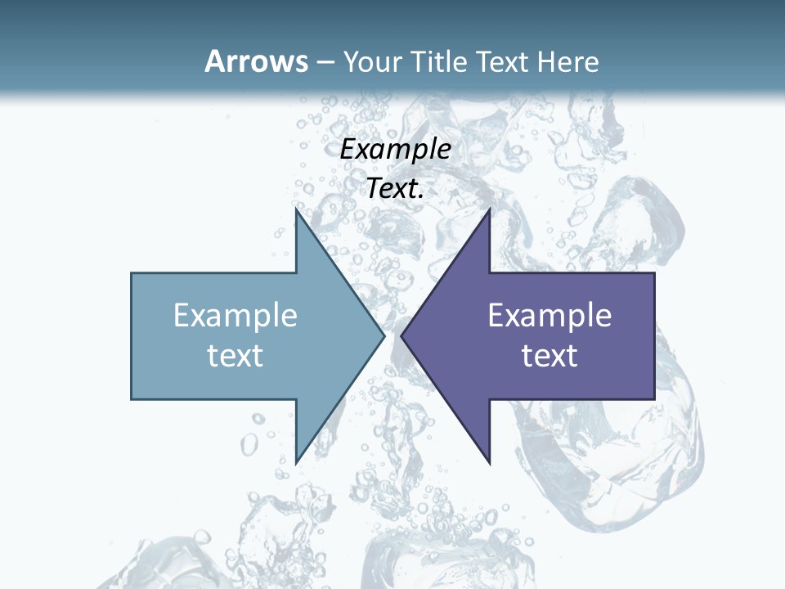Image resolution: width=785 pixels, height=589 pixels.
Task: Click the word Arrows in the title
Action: pos(256,61)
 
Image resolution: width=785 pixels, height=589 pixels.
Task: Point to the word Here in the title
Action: pos(571,61)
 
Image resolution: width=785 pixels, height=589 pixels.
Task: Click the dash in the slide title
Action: pos(325,62)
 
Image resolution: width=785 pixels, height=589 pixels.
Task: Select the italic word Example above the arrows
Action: pos(396,150)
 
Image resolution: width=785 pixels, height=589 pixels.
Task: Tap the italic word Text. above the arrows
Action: pos(396,188)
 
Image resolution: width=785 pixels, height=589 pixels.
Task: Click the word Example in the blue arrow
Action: pos(235,316)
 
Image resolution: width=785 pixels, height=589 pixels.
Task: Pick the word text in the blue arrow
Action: pos(235,356)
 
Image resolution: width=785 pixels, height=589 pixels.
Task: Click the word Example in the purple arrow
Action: pos(549,316)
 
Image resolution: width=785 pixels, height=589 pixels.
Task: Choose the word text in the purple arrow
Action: pos(549,356)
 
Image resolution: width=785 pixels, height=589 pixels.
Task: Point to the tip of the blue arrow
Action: pos(384,335)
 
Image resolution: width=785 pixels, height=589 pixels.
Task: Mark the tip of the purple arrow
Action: pos(401,335)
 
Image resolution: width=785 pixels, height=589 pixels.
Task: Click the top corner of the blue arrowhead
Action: pos(296,209)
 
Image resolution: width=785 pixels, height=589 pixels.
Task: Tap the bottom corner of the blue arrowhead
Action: pos(296,462)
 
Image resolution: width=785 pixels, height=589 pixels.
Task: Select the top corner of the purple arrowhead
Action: pos(489,209)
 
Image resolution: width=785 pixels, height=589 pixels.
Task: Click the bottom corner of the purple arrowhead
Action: pos(489,462)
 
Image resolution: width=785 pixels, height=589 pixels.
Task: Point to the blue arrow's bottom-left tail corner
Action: pos(132,399)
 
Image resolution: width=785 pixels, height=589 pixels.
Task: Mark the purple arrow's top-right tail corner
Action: pos(654,273)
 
